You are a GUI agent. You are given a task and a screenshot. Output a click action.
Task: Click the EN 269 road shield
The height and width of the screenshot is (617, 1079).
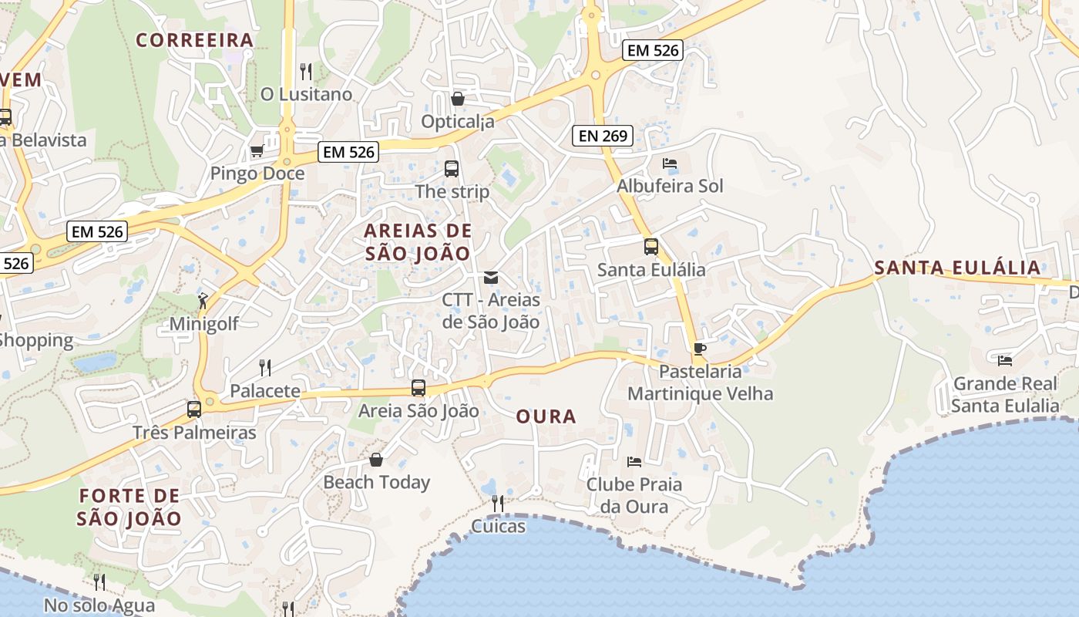pyautogui.click(x=603, y=137)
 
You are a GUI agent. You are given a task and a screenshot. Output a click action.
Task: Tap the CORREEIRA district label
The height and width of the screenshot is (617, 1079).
pyautogui.click(x=195, y=40)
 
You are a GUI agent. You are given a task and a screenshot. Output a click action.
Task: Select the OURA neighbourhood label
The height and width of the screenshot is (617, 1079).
pyautogui.click(x=546, y=417)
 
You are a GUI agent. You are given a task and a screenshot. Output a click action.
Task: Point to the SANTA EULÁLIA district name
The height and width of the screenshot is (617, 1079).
pyautogui.click(x=957, y=268)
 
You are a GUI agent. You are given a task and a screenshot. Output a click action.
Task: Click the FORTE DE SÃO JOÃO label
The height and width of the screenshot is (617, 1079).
pyautogui.click(x=129, y=507)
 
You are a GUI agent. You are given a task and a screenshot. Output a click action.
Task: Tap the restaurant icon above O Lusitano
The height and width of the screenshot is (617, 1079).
pyautogui.click(x=306, y=72)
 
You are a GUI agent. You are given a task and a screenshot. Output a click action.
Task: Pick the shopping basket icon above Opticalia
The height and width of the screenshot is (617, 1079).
pyautogui.click(x=458, y=99)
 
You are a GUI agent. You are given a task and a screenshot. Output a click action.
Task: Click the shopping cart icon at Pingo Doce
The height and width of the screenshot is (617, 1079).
pyautogui.click(x=257, y=150)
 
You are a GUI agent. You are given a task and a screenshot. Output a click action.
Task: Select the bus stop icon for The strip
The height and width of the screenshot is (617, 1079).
pyautogui.click(x=452, y=169)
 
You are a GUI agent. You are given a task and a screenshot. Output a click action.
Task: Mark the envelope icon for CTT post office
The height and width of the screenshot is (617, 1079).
pyautogui.click(x=491, y=278)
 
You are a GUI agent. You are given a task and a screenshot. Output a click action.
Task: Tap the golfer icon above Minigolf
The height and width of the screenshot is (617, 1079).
pyautogui.click(x=203, y=301)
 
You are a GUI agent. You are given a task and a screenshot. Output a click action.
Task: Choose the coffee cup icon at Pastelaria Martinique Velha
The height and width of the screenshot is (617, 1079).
pyautogui.click(x=699, y=349)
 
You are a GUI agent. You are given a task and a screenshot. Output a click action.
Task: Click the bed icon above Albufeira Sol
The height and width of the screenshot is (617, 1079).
pyautogui.click(x=670, y=164)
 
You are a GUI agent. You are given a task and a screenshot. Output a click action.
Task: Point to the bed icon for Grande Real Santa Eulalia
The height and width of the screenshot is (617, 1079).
pyautogui.click(x=1005, y=360)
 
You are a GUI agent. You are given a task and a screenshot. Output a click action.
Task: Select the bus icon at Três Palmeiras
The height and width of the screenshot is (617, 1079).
pyautogui.click(x=194, y=410)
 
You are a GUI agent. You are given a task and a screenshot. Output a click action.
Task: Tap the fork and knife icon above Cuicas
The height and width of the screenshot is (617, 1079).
pyautogui.click(x=498, y=504)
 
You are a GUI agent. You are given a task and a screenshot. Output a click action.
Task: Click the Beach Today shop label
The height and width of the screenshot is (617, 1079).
pyautogui.click(x=376, y=483)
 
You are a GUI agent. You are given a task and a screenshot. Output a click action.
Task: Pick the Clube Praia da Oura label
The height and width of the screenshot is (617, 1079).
pyautogui.click(x=634, y=495)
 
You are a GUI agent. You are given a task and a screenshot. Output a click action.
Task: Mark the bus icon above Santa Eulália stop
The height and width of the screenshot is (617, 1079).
pyautogui.click(x=651, y=247)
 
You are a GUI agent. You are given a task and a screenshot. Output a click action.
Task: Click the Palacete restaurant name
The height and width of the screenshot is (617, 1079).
pyautogui.click(x=265, y=391)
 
